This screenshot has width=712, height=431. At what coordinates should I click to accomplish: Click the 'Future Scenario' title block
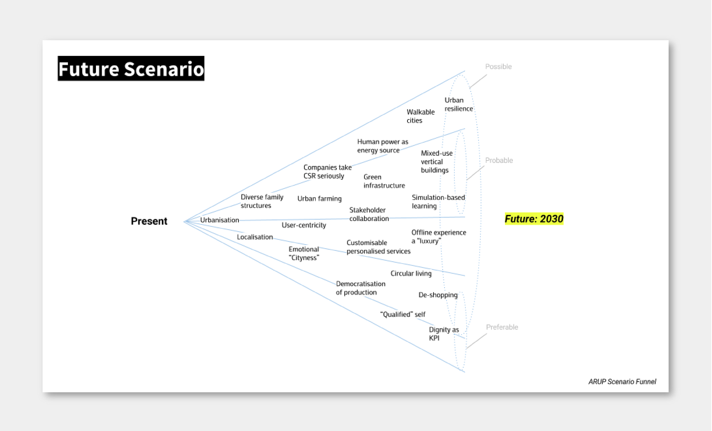131,68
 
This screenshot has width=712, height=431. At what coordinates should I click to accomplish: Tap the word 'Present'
149,221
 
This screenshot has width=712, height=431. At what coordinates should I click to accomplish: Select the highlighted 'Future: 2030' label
534,219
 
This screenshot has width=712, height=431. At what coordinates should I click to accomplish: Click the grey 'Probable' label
499,160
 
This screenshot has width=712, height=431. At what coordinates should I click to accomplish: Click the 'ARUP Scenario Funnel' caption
622,382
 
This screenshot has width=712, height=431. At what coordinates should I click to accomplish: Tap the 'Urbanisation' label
220,220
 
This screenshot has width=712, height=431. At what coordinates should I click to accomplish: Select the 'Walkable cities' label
421,116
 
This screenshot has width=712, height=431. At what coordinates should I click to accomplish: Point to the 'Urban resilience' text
459,104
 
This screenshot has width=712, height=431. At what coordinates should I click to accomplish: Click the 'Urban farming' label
319,199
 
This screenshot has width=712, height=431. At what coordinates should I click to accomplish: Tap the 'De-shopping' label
438,295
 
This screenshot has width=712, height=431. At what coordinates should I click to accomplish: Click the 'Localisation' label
255,237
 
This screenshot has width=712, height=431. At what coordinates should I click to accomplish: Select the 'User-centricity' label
304,225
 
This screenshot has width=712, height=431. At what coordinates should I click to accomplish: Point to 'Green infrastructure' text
384,181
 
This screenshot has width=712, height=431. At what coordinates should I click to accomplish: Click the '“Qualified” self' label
403,314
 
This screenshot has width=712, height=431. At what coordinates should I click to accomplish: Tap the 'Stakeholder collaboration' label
369,214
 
